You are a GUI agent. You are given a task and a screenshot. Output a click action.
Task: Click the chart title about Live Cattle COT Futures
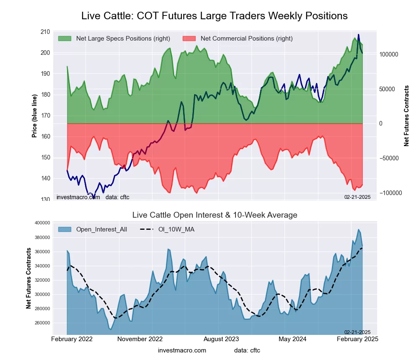214,16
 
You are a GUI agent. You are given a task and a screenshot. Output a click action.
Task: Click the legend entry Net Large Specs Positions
123,39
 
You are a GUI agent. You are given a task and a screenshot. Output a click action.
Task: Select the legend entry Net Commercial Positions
246,39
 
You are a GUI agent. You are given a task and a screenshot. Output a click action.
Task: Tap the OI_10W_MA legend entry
177,229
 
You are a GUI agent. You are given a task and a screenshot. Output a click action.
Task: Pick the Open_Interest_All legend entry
101,229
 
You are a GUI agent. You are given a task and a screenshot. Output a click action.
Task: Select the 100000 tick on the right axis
388,55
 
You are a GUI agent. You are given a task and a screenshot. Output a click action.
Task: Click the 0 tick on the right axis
381,123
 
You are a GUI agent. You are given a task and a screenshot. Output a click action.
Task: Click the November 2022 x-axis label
140,339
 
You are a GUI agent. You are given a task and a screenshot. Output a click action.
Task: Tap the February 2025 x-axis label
357,339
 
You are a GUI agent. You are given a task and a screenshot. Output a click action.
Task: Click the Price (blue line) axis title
34,116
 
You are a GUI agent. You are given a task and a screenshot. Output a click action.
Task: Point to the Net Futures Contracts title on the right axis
406,116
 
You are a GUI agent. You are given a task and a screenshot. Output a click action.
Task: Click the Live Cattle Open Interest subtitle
215,215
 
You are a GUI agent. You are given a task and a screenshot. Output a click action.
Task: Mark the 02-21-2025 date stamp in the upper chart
357,197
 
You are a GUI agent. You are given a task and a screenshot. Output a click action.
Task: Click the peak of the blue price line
358,35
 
